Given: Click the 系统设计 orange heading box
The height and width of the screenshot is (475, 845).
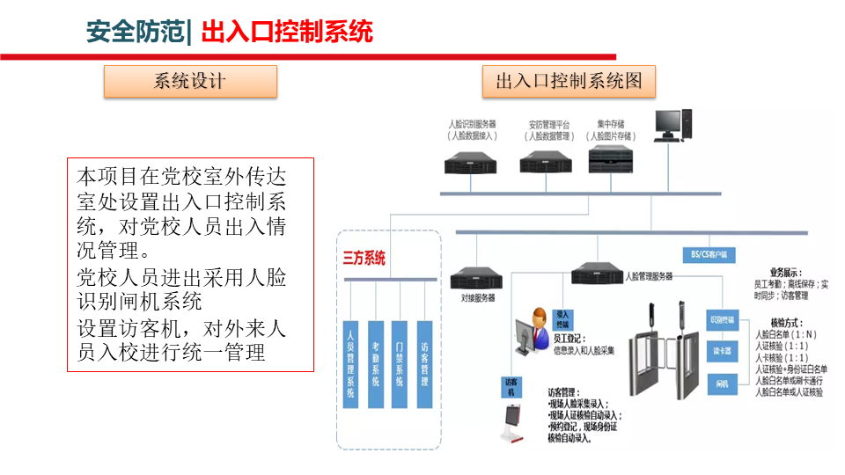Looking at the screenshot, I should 190,82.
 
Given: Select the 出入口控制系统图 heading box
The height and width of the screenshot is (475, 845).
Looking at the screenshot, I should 569,82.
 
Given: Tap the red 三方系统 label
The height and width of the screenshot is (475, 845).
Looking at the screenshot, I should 364,259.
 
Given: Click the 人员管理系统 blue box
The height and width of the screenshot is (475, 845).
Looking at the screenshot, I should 351,363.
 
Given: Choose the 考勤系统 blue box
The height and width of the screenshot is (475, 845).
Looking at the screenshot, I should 376,363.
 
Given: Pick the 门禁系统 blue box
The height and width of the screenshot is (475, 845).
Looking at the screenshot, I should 400,363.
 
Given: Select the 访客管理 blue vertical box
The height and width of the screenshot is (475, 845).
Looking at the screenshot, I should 425,363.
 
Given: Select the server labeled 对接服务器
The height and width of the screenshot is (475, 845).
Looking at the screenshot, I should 477,279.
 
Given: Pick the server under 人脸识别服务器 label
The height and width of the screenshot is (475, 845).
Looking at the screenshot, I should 471,161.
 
